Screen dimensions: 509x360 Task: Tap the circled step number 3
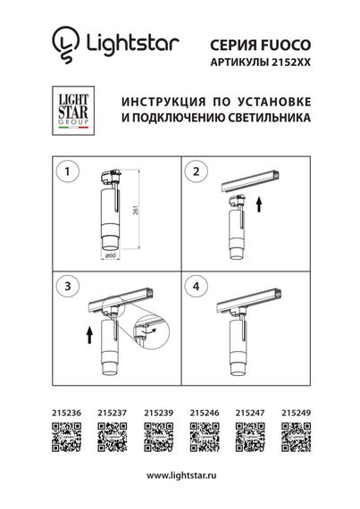click(63, 288)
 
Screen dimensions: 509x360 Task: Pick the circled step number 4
click(199, 288)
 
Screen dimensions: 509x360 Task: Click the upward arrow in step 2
click(258, 205)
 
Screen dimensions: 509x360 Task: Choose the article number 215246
click(203, 413)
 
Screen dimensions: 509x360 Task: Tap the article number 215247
click(248, 413)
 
